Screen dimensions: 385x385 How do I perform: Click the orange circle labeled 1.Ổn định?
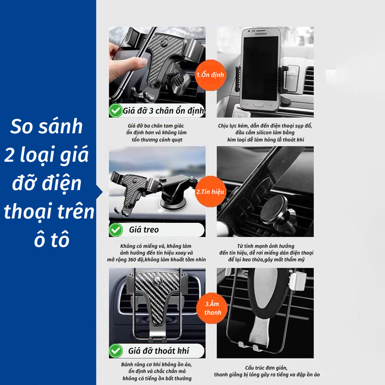tap(210, 75)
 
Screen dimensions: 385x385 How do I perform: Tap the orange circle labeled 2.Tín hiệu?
tap(210, 192)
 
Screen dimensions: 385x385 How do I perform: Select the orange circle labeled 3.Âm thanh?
tap(212, 308)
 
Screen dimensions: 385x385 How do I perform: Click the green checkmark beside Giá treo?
tap(115, 230)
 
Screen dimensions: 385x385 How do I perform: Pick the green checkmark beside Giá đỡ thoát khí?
tap(115, 351)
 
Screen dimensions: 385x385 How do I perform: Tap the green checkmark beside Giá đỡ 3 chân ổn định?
tap(115, 111)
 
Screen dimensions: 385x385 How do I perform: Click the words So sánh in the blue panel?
tap(47, 127)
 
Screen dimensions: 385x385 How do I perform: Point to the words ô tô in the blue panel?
tap(52, 239)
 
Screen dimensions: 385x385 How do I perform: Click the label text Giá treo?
tap(144, 230)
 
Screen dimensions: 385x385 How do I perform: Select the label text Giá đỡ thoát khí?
tap(159, 351)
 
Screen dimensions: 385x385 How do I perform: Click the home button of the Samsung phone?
tap(259, 105)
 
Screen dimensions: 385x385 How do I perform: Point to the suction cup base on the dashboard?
tap(173, 203)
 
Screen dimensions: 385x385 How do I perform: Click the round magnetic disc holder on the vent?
tap(274, 210)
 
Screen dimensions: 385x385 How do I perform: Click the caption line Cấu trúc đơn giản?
tap(266, 368)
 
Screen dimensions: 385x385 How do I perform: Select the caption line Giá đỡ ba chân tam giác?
tap(155, 126)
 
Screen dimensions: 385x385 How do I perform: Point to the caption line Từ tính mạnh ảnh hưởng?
tap(266, 246)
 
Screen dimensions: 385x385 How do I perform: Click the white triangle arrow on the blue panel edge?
tap(100, 192)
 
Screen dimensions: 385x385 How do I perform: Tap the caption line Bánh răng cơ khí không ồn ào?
tap(156, 365)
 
